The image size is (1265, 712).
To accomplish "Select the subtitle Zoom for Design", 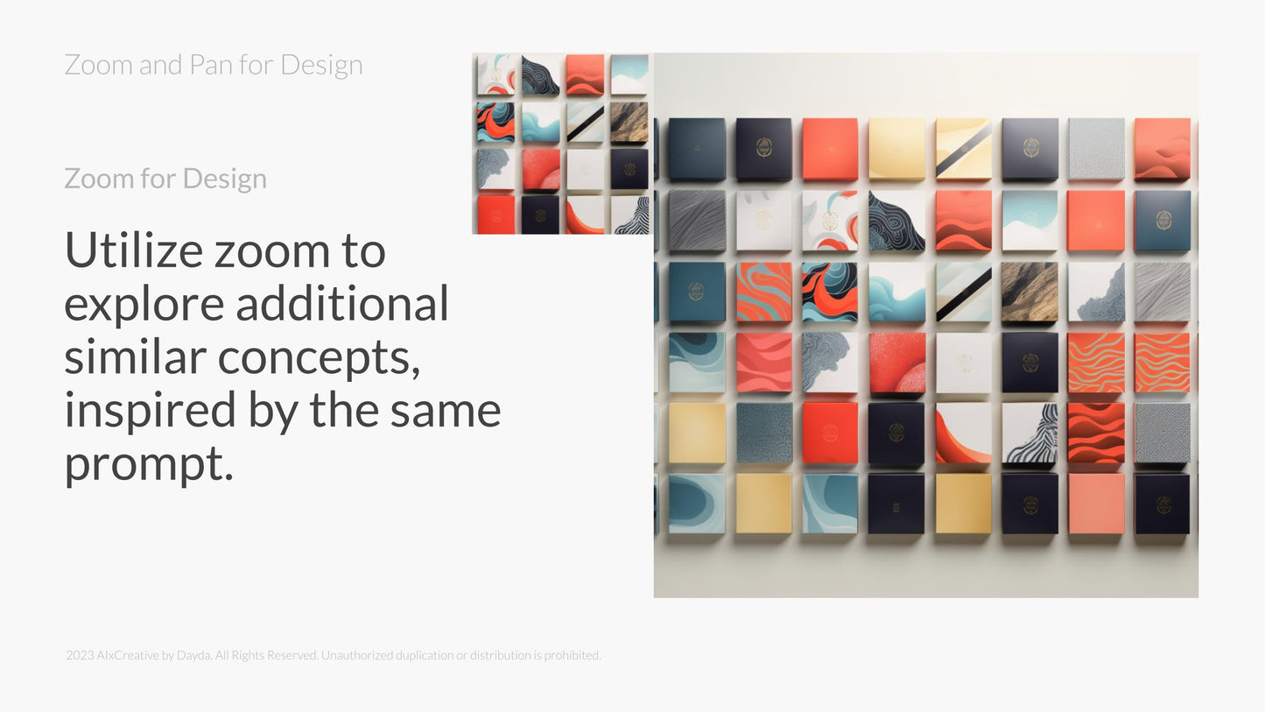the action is [165, 179].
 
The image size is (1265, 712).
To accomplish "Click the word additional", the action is [342, 302].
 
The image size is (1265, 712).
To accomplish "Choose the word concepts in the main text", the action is [319, 357].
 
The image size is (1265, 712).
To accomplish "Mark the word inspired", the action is [150, 411].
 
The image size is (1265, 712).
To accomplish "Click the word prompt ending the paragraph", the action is [149, 464].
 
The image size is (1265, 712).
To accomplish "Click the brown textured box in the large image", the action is [1030, 292].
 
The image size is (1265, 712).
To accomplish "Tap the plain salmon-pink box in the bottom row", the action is [1095, 504].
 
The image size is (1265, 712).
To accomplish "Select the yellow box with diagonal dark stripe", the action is [963, 148].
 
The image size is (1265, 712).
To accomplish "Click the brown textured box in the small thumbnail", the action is [629, 122].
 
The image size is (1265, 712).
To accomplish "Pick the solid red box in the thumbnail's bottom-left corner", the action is [495, 215].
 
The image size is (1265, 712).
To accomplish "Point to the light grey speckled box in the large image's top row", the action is [1095, 148].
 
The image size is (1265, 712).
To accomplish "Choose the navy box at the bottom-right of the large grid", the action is [1163, 504].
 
